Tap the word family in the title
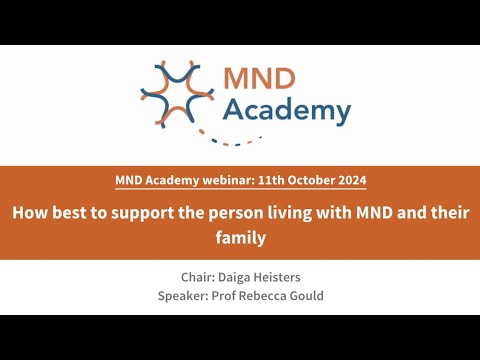(240, 239)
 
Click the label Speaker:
(185, 296)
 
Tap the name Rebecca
(277, 296)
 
